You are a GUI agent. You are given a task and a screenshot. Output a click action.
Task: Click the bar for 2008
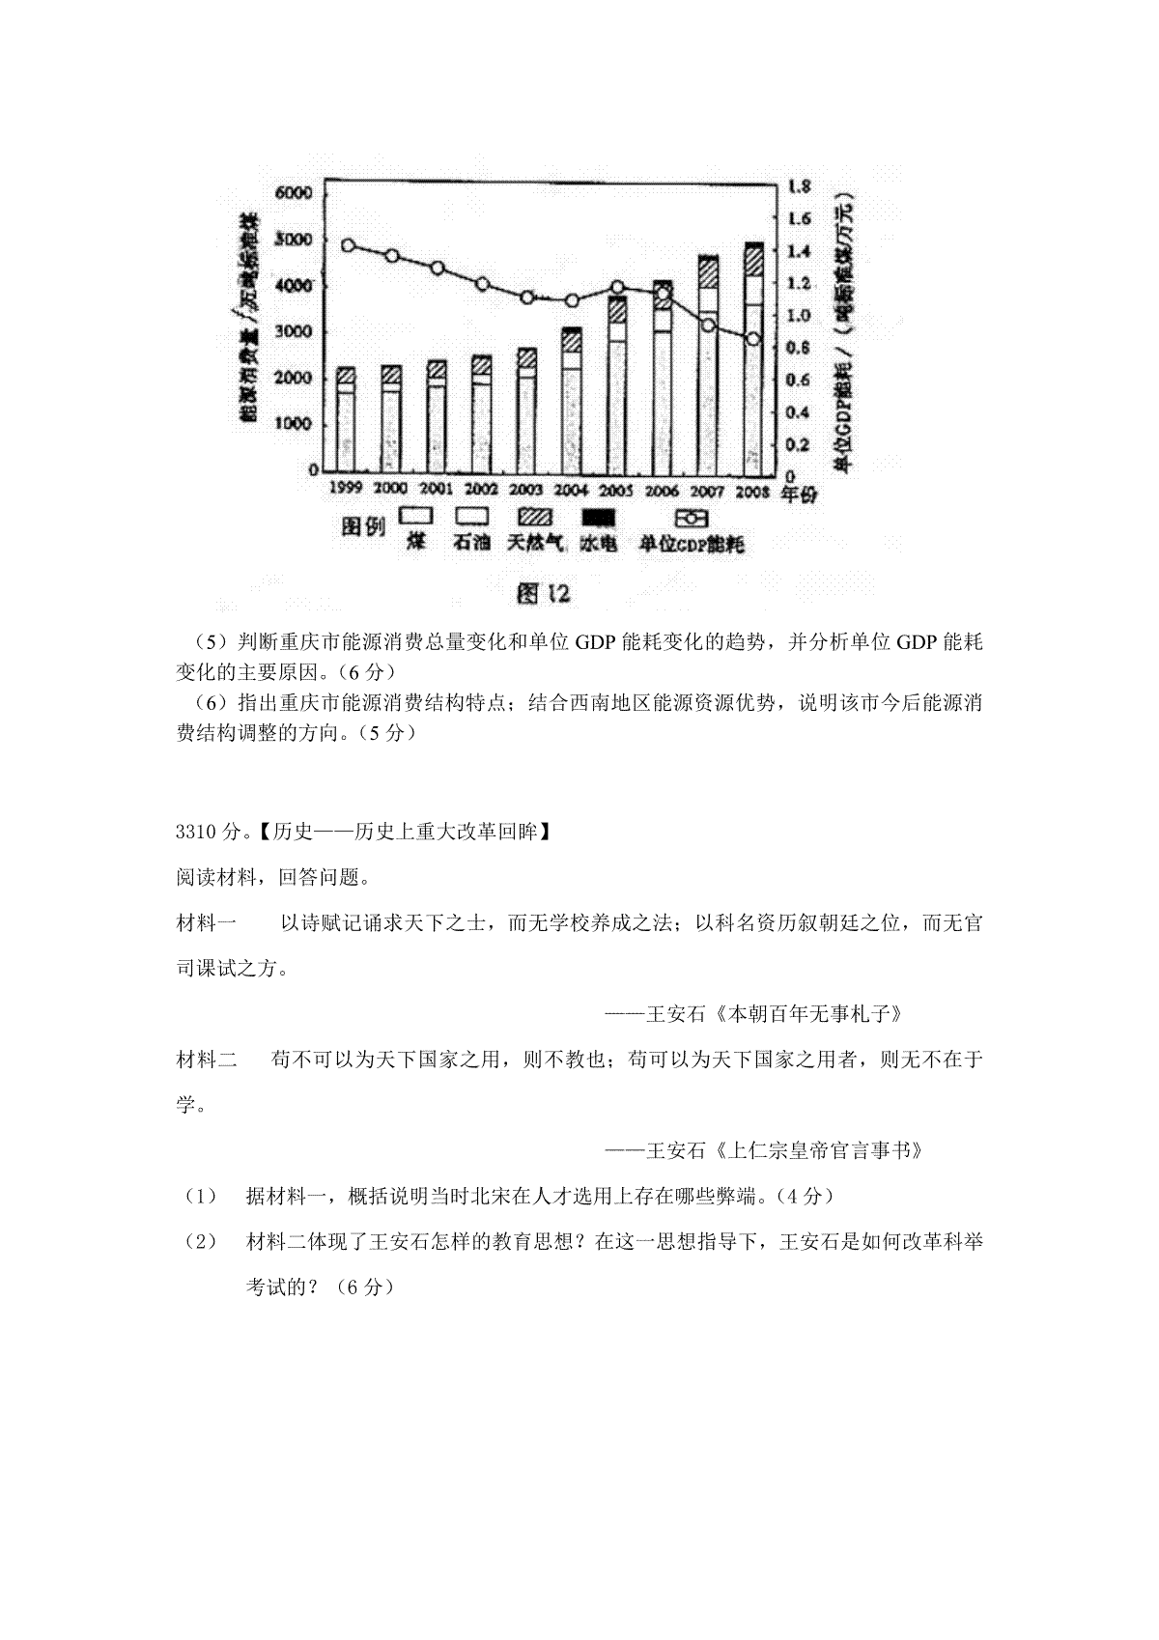click(x=753, y=357)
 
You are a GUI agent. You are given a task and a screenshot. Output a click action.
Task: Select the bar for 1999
click(x=345, y=418)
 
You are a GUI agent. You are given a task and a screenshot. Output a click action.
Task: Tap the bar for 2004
click(x=571, y=399)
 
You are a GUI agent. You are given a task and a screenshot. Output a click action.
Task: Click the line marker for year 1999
click(x=349, y=245)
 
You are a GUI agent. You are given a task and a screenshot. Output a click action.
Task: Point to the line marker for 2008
click(x=754, y=339)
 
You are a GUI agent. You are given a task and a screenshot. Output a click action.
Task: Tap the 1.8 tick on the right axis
click(x=801, y=185)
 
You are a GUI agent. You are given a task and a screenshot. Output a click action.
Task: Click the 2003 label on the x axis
click(x=526, y=489)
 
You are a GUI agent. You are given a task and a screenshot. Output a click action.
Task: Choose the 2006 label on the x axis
click(x=663, y=490)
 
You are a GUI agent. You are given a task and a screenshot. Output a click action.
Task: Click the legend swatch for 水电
click(x=596, y=519)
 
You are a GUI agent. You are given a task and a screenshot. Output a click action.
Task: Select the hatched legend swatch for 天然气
click(x=535, y=519)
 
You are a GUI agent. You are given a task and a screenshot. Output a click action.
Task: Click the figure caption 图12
click(x=544, y=593)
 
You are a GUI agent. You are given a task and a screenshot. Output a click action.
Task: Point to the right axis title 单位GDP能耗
click(x=844, y=386)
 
